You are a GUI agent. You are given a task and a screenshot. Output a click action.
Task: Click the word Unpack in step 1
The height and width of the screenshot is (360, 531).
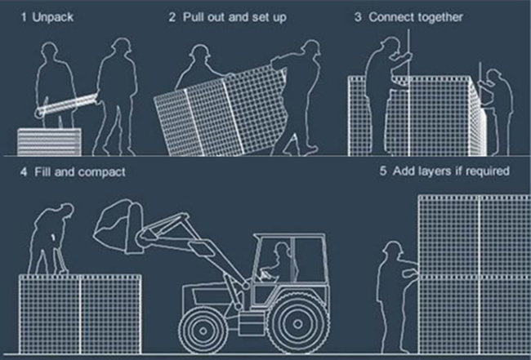click(53, 17)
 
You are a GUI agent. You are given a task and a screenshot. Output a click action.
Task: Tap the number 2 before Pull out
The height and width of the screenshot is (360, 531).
click(172, 17)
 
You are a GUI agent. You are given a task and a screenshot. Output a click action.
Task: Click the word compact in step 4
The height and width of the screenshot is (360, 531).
click(101, 172)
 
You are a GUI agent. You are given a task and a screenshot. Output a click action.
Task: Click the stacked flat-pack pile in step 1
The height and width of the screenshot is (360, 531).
click(50, 142)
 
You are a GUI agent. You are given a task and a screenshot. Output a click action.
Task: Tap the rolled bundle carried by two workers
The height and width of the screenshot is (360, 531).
click(66, 105)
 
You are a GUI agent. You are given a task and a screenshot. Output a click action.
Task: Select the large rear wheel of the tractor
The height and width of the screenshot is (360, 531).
click(297, 324)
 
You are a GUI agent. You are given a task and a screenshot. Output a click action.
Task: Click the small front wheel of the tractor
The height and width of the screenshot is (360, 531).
click(203, 330)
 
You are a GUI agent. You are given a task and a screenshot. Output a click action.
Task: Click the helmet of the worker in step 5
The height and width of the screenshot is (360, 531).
click(393, 247)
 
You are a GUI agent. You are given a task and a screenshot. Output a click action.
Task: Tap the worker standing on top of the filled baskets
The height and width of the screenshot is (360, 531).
click(51, 239)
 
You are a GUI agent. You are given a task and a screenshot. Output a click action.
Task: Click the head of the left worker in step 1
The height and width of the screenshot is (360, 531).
click(50, 51)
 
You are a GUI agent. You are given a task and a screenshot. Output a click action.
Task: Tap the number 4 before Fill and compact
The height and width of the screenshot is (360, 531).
click(24, 172)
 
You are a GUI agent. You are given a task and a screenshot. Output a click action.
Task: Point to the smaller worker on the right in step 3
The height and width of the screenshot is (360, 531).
click(497, 112)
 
